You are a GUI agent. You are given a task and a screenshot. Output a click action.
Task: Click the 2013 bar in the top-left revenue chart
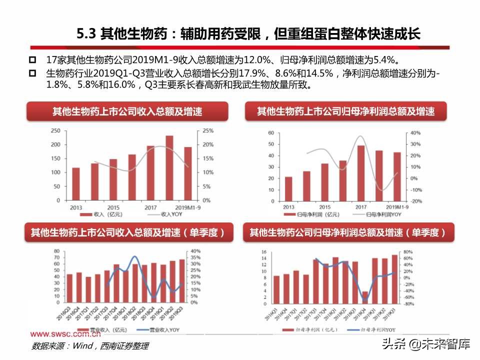point(76,183)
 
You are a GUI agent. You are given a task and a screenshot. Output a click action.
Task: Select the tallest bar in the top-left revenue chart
point(169,167)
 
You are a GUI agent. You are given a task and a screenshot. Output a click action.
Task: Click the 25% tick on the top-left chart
point(207,131)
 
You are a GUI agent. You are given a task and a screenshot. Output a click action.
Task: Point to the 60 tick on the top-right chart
point(271,133)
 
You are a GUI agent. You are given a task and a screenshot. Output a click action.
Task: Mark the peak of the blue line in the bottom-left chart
point(134,257)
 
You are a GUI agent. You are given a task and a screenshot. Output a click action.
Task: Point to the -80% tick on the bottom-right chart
point(407,303)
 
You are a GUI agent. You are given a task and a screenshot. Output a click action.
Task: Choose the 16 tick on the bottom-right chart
point(264,251)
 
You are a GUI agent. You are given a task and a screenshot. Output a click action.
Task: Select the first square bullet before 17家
point(32,60)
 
